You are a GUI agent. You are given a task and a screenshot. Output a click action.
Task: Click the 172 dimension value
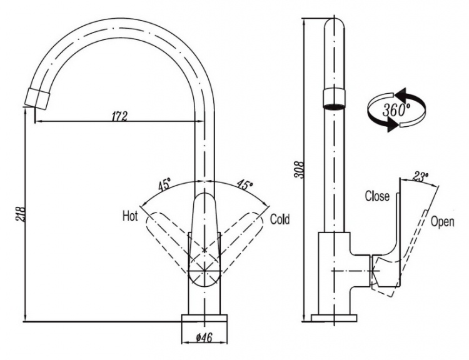(x=119, y=116)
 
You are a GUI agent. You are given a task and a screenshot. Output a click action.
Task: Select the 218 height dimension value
(x=21, y=214)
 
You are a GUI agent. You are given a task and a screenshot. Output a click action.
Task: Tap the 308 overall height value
(x=299, y=170)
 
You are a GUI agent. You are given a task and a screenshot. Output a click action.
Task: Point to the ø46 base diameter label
(x=204, y=338)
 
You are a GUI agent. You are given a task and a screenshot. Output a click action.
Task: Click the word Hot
(x=130, y=216)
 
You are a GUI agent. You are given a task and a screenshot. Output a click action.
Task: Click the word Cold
(x=280, y=219)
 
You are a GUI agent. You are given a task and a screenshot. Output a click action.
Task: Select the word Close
(x=377, y=196)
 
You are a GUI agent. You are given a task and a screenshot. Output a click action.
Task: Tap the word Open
(x=442, y=222)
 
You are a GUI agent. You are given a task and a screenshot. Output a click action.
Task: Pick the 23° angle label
(x=420, y=177)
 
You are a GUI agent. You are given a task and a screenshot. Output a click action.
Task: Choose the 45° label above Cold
(x=245, y=184)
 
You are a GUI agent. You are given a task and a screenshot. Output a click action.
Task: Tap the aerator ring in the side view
(x=334, y=99)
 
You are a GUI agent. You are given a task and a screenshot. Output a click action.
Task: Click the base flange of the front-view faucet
(x=204, y=318)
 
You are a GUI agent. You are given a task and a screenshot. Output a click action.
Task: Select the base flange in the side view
(x=334, y=318)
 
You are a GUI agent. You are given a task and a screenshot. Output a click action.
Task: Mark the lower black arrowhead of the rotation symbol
(x=392, y=124)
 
